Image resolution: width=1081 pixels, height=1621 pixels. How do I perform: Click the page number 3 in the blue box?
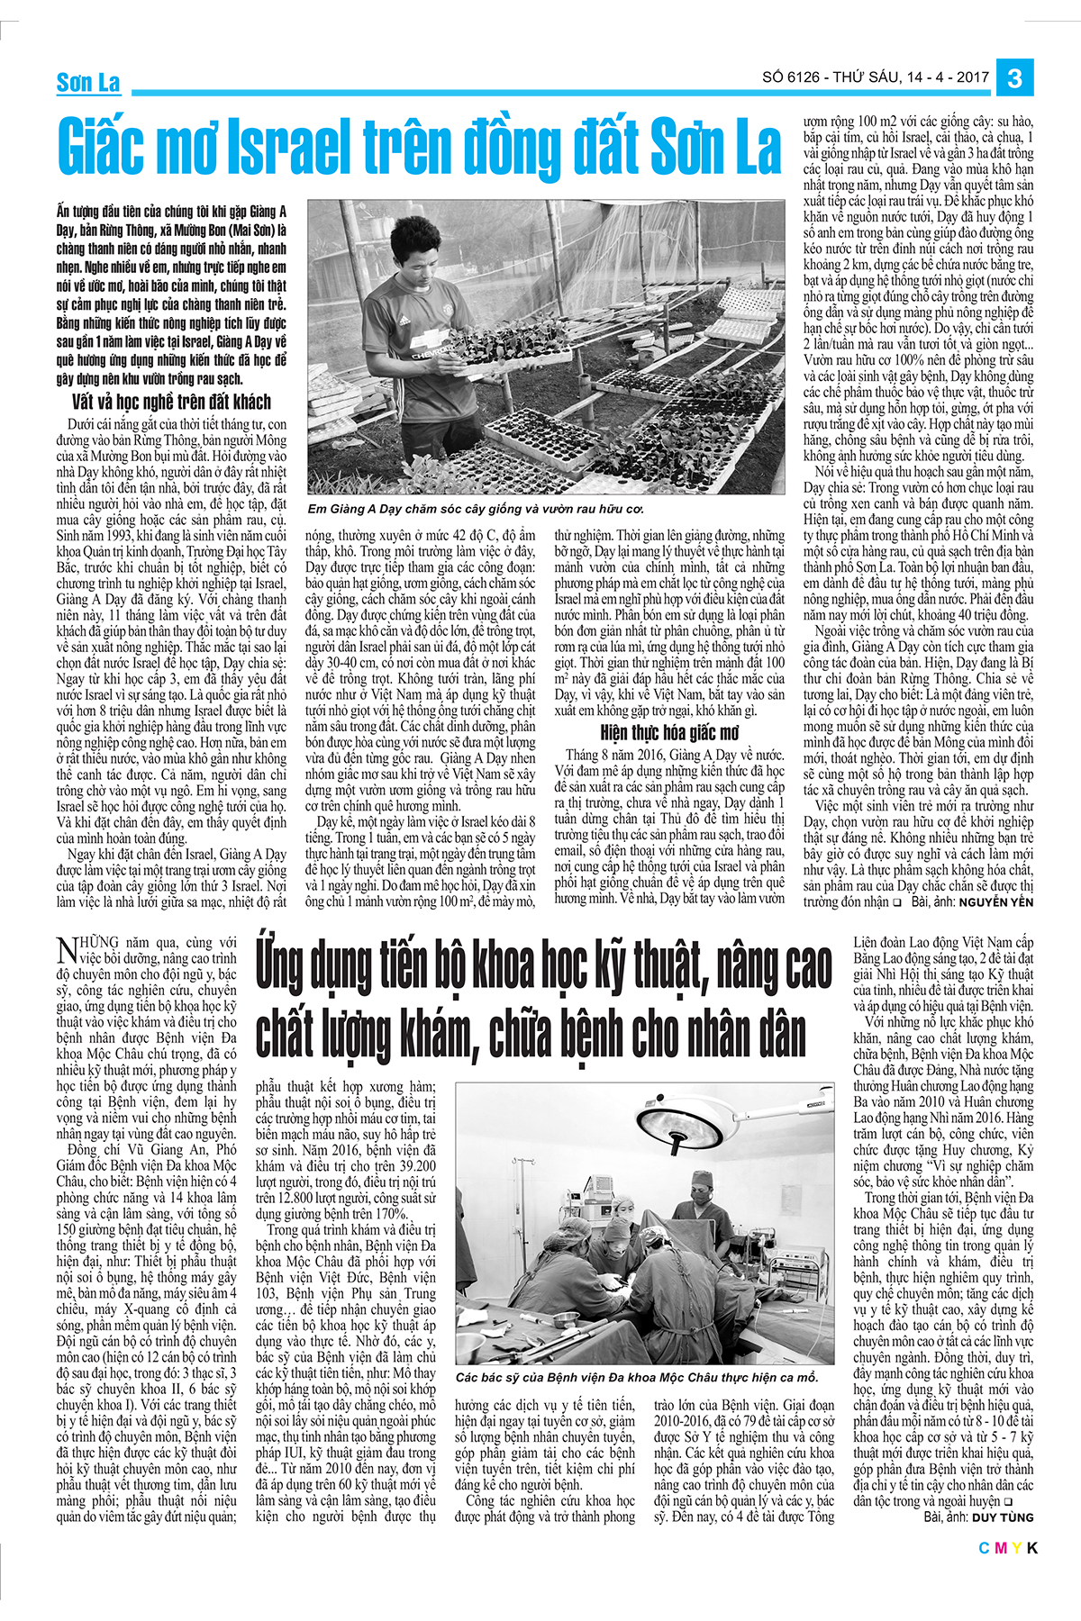point(1014,78)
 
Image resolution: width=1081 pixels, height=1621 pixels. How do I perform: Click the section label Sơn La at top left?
point(88,84)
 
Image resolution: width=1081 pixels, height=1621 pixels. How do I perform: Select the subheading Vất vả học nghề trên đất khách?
point(171,402)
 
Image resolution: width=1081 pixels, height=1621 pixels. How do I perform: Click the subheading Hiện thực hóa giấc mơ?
point(669,732)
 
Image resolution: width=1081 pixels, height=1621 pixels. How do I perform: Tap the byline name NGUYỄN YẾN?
point(995,901)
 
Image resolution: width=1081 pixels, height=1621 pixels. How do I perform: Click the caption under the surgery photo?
point(637,1378)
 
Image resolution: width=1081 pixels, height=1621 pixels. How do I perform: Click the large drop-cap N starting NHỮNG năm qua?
point(66,950)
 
